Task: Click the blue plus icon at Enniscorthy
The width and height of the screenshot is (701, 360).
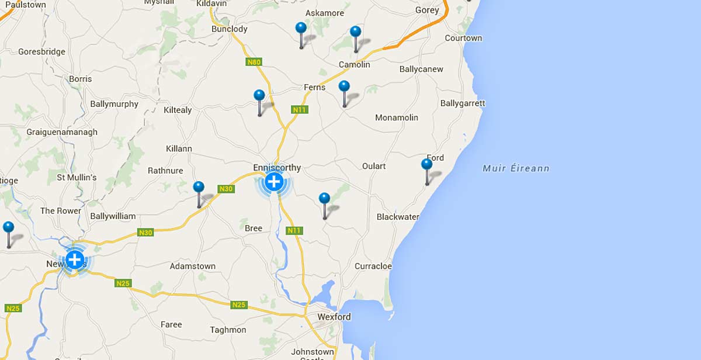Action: [x=273, y=182]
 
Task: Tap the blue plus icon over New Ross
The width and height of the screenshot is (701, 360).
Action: [x=75, y=259]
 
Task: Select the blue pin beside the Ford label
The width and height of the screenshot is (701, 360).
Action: [x=427, y=164]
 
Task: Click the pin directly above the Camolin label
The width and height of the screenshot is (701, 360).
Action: [x=355, y=32]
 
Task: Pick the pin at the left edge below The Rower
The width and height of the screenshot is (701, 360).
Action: [x=8, y=228]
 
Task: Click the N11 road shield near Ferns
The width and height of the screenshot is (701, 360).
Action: [x=300, y=109]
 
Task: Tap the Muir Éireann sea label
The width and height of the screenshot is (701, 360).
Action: [x=516, y=168]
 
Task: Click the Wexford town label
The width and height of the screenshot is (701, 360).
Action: [x=334, y=317]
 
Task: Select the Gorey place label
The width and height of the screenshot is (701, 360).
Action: [x=427, y=10]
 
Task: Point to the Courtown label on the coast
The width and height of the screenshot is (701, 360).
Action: [x=463, y=38]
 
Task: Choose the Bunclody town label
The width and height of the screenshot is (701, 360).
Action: [x=230, y=29]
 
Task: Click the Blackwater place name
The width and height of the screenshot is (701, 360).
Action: [x=398, y=217]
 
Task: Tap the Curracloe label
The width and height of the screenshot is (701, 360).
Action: [x=373, y=266]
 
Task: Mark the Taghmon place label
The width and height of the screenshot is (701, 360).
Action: [x=228, y=330]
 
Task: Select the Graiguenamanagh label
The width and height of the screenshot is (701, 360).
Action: [x=62, y=132]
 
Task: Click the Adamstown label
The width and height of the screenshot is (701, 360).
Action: [x=192, y=266]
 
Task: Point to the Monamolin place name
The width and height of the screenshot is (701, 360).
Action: [x=397, y=117]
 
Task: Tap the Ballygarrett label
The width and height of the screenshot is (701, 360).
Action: [x=463, y=103]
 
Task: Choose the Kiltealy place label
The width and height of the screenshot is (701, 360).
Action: [x=178, y=110]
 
